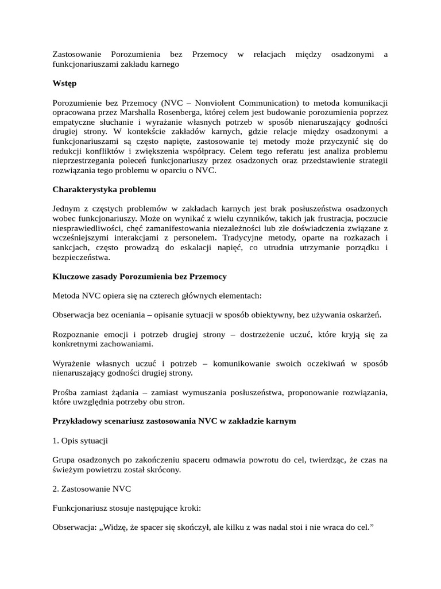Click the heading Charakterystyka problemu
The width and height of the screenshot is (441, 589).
pyautogui.click(x=104, y=189)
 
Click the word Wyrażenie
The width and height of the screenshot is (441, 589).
pyautogui.click(x=72, y=364)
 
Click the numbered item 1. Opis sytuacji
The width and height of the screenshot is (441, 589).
pyautogui.click(x=80, y=441)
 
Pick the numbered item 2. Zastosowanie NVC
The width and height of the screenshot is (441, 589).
pyautogui.click(x=91, y=489)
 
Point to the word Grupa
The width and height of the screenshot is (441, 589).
pyautogui.click(x=63, y=460)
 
